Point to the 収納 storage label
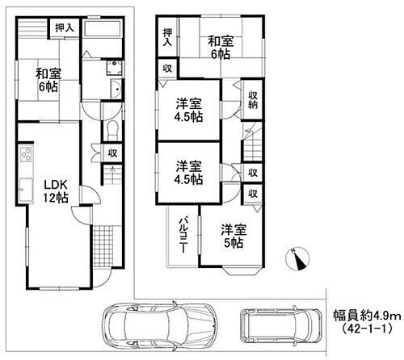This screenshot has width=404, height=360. pyautogui.click(x=252, y=99)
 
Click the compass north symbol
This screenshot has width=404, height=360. pyautogui.click(x=297, y=257)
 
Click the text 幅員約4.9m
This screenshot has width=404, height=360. pyautogui.click(x=365, y=316)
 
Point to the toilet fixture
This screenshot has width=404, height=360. pyautogui.click(x=112, y=129)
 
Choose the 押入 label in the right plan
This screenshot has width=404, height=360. pyautogui.click(x=167, y=37)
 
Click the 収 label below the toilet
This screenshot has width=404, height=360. pyautogui.click(x=114, y=152)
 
